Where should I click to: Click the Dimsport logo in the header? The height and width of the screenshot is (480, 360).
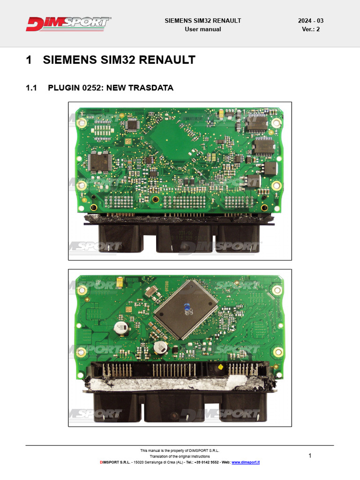tap(68, 24)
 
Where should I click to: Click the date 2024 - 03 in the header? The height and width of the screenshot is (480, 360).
tap(310, 21)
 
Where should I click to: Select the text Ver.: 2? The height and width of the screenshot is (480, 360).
tap(311, 29)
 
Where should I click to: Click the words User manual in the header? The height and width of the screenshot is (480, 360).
tap(202, 29)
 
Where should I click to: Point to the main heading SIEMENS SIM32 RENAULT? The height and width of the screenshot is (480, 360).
tap(119, 60)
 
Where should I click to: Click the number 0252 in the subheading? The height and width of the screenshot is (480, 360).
tap(92, 88)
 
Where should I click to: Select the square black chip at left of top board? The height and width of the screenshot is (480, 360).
tap(99, 161)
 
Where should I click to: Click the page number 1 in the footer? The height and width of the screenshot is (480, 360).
tap(310, 456)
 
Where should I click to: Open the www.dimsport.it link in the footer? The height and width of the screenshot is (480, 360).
tap(246, 462)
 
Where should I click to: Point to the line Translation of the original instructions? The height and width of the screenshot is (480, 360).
tap(180, 456)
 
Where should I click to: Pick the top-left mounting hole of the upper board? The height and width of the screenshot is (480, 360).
tap(82, 123)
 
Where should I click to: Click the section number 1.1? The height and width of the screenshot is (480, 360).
tap(31, 88)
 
